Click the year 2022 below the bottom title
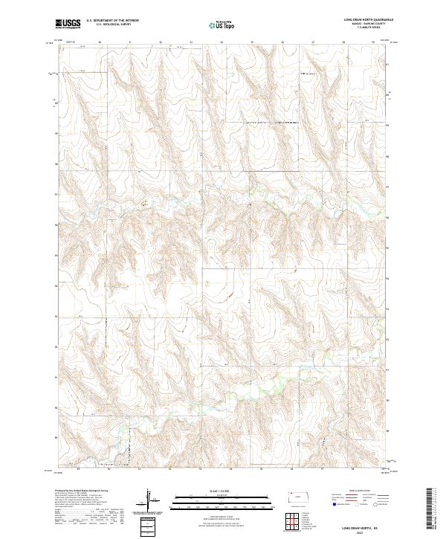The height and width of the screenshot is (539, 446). point(359,531)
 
